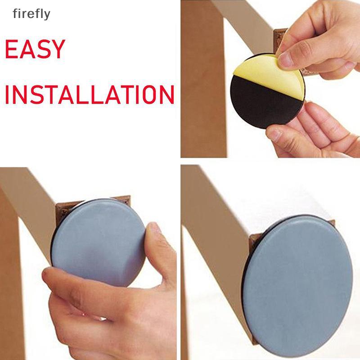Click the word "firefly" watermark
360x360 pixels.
[31, 14]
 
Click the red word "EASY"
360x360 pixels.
[35, 49]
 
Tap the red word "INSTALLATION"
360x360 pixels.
[90, 94]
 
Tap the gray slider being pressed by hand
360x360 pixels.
[98, 242]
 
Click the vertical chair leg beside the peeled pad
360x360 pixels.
[203, 78]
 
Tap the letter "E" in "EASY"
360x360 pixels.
[11, 49]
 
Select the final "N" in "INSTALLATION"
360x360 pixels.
[166, 94]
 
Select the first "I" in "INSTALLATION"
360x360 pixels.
[7, 94]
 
